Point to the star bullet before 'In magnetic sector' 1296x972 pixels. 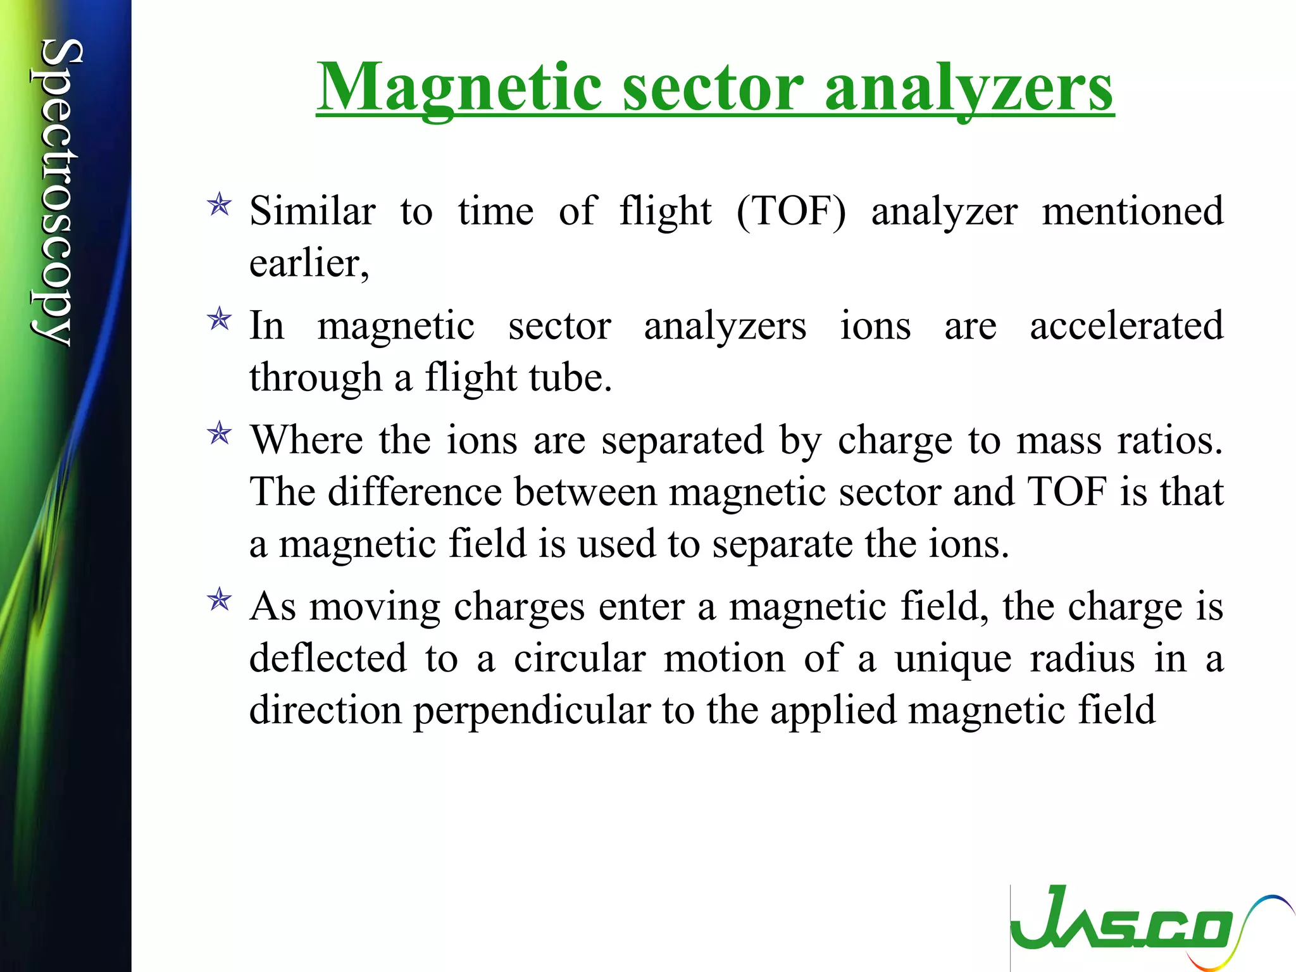tap(220, 319)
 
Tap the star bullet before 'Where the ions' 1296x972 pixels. tap(220, 433)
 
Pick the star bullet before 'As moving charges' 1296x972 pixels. tap(220, 599)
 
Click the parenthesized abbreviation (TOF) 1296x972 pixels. tap(791, 211)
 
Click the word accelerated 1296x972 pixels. tap(1126, 325)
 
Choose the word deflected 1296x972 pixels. tap(328, 658)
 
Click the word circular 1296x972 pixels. tap(579, 658)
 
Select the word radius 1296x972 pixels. tap(1082, 658)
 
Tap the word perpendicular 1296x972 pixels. tap(532, 711)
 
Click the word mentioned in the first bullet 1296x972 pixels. tap(1133, 211)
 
